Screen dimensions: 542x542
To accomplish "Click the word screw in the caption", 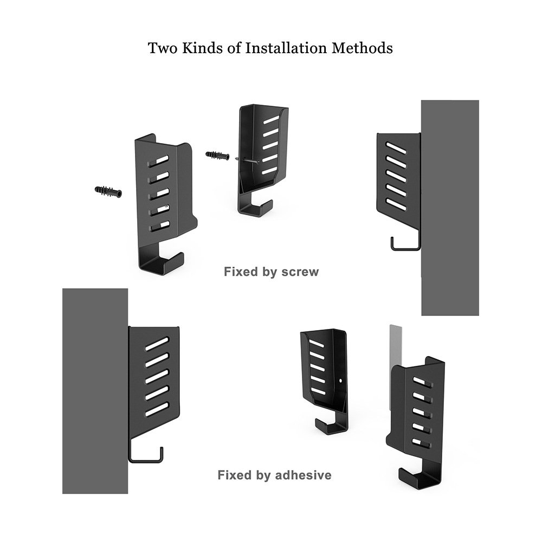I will [x=300, y=272].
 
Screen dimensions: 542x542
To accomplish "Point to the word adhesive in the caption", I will [x=303, y=475].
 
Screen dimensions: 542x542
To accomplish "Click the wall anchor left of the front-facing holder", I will [x=108, y=191].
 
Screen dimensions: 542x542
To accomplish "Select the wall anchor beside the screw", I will [x=217, y=156].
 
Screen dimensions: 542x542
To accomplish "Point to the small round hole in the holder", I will [x=340, y=381].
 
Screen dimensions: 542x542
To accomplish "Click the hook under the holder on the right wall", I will [x=405, y=245].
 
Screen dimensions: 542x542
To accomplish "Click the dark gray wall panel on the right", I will [x=450, y=206].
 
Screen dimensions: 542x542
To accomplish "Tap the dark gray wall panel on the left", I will [x=95, y=390].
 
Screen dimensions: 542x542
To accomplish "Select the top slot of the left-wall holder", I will [x=157, y=343].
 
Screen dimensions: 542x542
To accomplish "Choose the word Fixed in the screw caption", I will [x=239, y=272].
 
